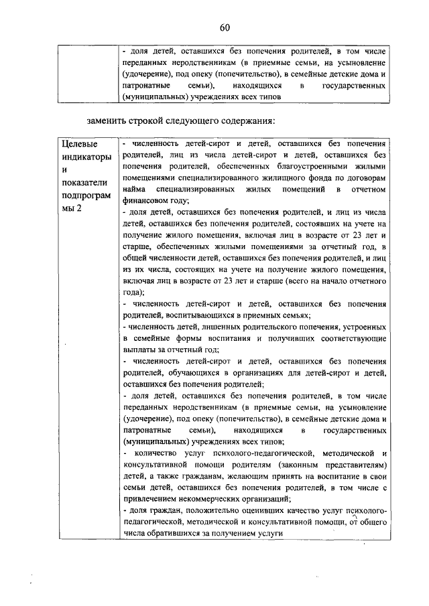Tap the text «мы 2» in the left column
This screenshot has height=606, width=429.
click(x=72, y=209)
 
